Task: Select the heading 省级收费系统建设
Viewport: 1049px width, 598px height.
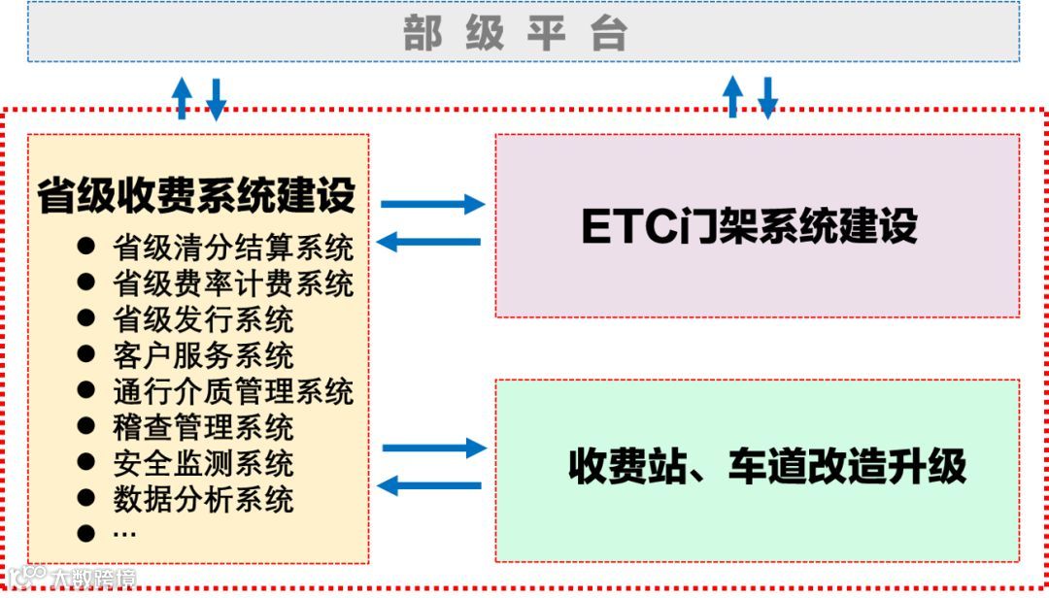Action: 196,195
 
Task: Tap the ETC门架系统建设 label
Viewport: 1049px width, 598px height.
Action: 749,226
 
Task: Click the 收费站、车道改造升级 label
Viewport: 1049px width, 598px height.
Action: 767,467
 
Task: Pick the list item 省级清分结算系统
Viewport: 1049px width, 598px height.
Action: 233,248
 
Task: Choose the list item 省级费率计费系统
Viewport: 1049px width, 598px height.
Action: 233,283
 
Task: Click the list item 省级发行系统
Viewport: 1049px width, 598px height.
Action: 203,319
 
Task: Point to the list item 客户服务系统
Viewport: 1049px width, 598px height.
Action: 203,355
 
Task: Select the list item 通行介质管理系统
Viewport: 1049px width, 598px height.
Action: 233,391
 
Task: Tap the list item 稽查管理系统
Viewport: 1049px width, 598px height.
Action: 203,427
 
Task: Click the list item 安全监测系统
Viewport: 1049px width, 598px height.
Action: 203,463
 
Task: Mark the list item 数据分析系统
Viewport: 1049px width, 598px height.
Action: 203,499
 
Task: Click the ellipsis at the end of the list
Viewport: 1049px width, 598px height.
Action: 124,533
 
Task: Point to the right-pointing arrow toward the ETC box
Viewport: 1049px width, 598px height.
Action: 432,204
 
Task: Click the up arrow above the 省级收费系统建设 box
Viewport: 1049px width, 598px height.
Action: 182,97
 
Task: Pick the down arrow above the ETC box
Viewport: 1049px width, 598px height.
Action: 767,97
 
